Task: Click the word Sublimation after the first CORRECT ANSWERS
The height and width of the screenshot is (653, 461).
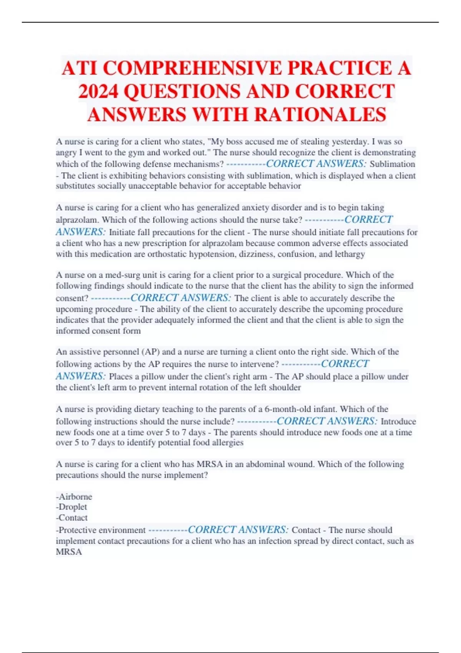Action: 392,164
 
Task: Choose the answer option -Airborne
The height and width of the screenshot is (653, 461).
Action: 74,497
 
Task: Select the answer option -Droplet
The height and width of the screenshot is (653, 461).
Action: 71,507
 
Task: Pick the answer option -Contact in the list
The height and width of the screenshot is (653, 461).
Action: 72,518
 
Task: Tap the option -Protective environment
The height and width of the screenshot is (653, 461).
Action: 101,530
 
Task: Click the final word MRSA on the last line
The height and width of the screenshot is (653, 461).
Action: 69,552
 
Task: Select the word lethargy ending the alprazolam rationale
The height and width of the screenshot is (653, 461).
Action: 349,254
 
